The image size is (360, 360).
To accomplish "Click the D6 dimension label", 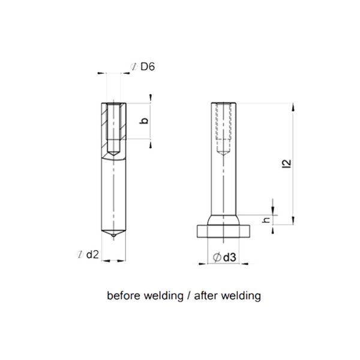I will (x=147, y=67).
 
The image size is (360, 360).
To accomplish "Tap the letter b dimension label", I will (x=142, y=122).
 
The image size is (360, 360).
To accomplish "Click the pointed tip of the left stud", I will (x=115, y=239).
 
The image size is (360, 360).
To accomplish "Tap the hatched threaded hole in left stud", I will (x=115, y=128).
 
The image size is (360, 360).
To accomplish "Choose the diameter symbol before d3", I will (x=216, y=257).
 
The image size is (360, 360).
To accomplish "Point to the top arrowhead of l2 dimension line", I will (x=292, y=106).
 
